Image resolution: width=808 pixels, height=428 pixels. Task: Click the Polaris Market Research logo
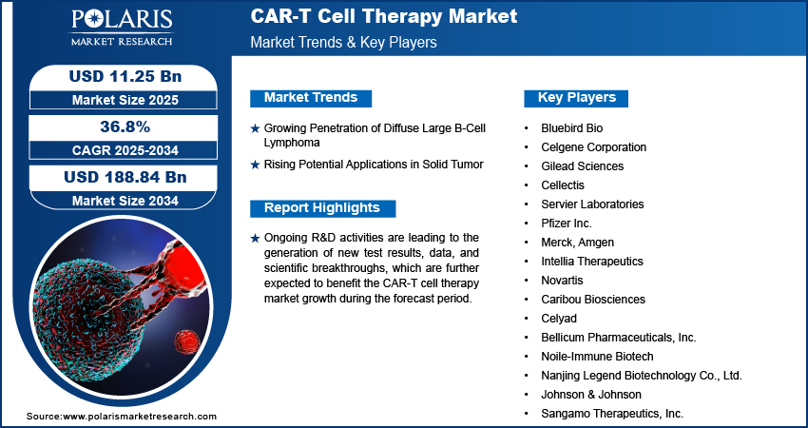click(x=122, y=28)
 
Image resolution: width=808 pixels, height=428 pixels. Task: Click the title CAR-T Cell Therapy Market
click(x=384, y=16)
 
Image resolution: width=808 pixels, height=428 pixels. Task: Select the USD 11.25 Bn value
click(x=125, y=76)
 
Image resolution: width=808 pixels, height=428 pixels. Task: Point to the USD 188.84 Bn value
click(x=125, y=177)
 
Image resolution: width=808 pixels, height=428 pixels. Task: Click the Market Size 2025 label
click(x=125, y=100)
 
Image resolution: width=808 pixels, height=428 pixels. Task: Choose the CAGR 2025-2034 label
click(x=125, y=150)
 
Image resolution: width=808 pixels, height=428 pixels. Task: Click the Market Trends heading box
click(x=311, y=98)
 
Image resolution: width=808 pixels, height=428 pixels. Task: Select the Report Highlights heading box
click(x=322, y=208)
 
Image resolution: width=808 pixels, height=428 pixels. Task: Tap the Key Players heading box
click(x=576, y=98)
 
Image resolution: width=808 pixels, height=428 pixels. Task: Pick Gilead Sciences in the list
click(x=583, y=166)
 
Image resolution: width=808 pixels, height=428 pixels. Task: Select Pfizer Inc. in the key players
click(x=567, y=224)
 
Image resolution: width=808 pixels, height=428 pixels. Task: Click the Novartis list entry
click(x=562, y=281)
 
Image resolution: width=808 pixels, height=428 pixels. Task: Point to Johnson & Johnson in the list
click(x=591, y=395)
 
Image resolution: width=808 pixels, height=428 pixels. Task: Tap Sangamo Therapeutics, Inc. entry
click(x=612, y=414)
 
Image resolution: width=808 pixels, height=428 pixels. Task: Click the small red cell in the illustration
click(x=186, y=340)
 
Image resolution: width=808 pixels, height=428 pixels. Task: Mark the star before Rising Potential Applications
click(x=255, y=165)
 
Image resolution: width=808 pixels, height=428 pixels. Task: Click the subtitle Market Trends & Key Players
click(x=344, y=42)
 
